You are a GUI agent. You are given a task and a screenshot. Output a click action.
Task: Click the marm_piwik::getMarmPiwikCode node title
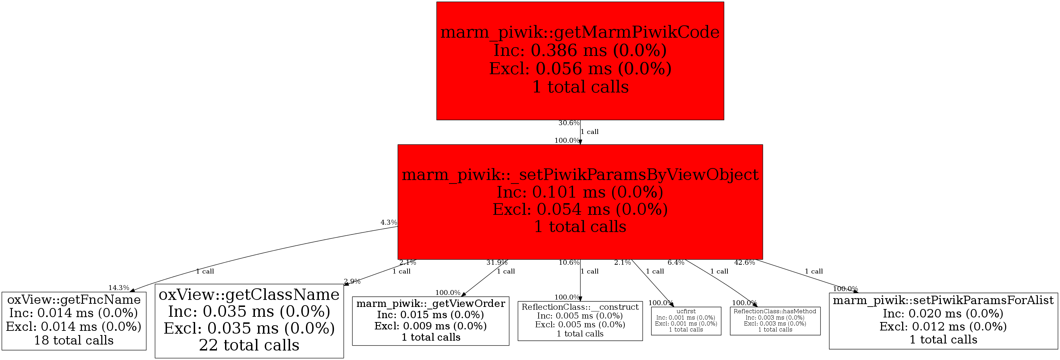[x=580, y=32]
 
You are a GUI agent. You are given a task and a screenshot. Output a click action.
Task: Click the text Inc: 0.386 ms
[x=580, y=50]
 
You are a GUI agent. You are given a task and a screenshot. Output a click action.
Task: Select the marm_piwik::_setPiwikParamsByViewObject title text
[x=580, y=175]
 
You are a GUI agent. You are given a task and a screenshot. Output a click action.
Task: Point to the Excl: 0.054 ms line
[x=580, y=210]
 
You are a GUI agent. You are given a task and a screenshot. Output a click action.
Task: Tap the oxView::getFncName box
[x=74, y=321]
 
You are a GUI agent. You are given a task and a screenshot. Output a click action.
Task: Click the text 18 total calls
[x=74, y=340]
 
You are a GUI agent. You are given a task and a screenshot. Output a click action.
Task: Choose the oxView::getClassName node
[x=249, y=321]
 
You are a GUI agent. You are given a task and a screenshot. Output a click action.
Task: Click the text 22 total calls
[x=249, y=345]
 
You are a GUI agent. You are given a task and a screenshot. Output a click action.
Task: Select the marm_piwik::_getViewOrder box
[x=430, y=321]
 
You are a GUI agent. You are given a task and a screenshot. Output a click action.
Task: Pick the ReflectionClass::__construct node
[x=580, y=321]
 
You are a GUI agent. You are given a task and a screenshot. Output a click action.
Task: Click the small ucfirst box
[x=686, y=321]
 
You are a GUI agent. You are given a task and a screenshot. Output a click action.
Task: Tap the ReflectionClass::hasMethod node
[x=775, y=321]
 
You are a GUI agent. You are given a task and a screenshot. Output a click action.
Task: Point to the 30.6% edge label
[x=569, y=123]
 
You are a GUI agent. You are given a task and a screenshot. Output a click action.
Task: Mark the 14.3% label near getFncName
[x=118, y=288]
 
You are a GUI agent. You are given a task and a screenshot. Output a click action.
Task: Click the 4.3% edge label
[x=388, y=223]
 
